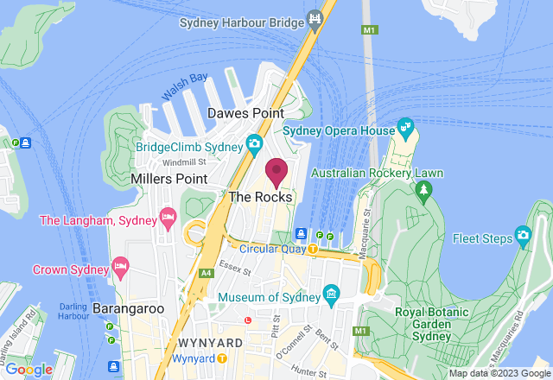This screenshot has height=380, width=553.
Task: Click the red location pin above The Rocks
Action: coord(276,171)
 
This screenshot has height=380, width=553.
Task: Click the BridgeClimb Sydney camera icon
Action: coord(254,142)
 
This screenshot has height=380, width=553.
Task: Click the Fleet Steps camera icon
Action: coord(523,235)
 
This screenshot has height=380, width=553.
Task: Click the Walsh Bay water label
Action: coord(184,87)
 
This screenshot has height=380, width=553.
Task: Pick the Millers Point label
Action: coord(168,178)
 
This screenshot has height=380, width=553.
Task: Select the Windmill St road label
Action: coord(184,161)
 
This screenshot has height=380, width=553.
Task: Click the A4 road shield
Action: coord(207,274)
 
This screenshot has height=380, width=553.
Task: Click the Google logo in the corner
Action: coord(29,369)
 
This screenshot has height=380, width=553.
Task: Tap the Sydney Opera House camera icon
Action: coord(405,130)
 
